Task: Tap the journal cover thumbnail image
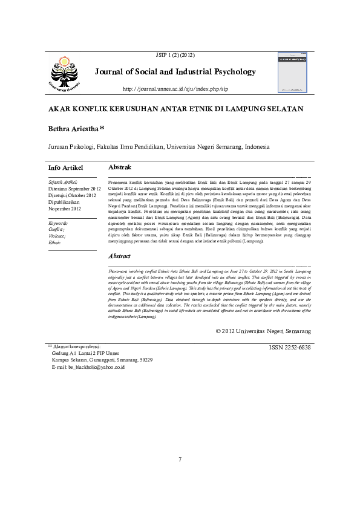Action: [293, 72]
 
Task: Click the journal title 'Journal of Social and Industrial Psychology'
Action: [175, 72]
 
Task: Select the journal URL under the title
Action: [175, 89]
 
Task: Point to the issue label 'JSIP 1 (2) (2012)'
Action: [175, 55]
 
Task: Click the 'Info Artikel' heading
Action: [65, 167]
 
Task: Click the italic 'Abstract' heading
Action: [120, 256]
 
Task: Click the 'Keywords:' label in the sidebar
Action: [58, 223]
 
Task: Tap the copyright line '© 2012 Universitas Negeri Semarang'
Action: [263, 332]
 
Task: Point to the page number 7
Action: [180, 459]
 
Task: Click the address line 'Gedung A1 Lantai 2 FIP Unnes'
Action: [85, 354]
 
